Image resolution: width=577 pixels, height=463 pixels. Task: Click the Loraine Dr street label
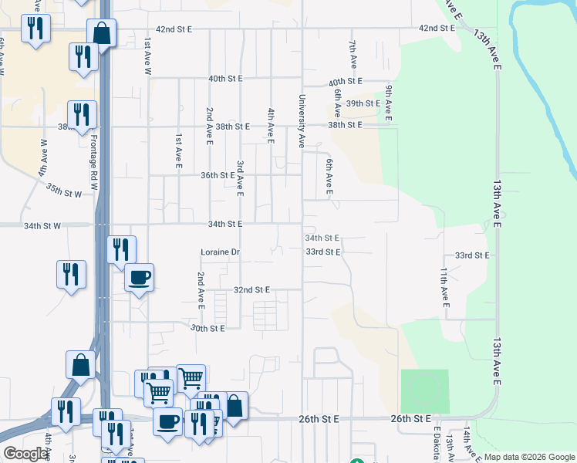coord(221,252)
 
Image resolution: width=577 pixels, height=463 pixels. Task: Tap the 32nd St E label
coord(251,290)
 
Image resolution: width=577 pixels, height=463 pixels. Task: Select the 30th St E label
coord(207,328)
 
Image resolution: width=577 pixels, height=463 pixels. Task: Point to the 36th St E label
coord(218,175)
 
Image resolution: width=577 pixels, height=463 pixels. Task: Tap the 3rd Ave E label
coord(240,177)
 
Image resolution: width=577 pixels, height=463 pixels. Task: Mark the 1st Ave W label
coord(147,56)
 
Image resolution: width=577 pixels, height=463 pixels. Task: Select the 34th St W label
coord(42,226)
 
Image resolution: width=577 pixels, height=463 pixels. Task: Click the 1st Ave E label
coord(177,151)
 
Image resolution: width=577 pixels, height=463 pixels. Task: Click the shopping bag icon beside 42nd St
coord(101,33)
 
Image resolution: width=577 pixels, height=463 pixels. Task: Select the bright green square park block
coord(424,391)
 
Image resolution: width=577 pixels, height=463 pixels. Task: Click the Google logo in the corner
coord(25,454)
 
